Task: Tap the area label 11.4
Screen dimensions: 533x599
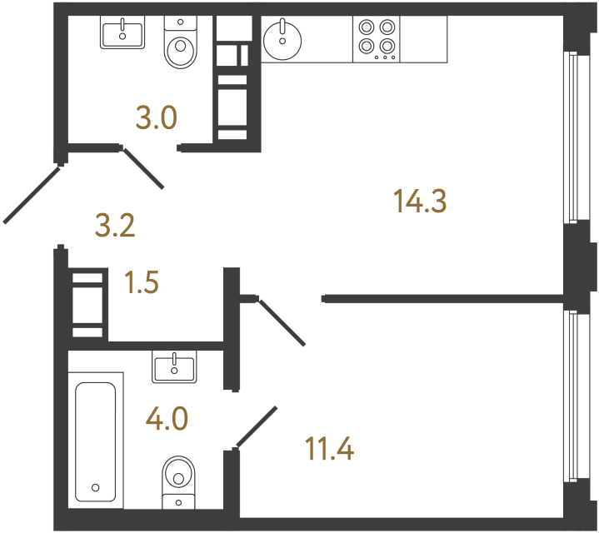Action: click(x=329, y=450)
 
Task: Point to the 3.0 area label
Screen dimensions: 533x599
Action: click(x=157, y=119)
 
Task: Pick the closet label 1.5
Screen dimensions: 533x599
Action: click(x=141, y=283)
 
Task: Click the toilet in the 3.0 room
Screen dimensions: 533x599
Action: click(x=179, y=47)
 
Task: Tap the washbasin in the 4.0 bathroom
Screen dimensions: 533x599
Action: click(x=174, y=366)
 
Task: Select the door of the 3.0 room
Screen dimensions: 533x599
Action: click(x=143, y=167)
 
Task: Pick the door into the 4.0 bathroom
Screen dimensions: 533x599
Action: click(x=257, y=426)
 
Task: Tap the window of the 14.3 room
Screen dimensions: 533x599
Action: click(x=572, y=137)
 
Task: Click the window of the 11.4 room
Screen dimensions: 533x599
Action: click(x=572, y=396)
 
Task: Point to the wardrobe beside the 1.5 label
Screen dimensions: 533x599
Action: click(x=88, y=302)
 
